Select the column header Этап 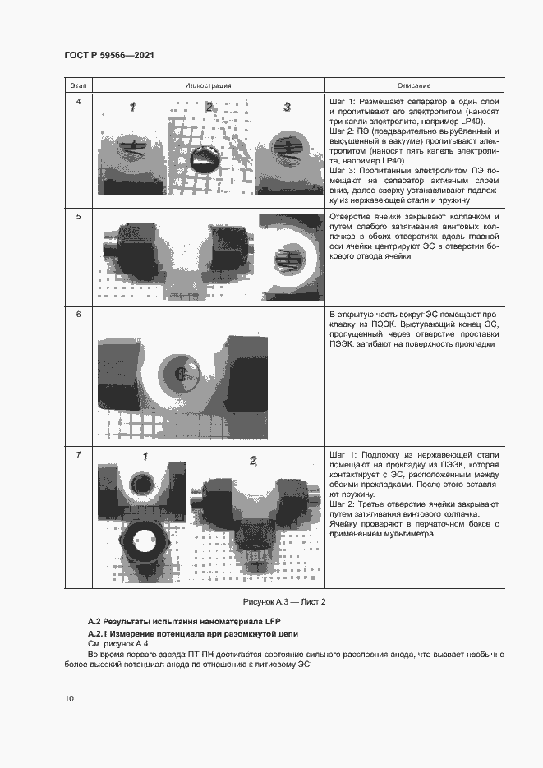(x=78, y=85)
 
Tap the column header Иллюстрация (x=208, y=85)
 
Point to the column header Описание (x=414, y=85)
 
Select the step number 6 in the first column (x=78, y=315)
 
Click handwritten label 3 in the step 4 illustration (x=287, y=107)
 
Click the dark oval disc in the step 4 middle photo (x=203, y=159)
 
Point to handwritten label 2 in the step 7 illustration (x=253, y=460)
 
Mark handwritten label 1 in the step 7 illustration (x=145, y=457)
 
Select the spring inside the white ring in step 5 (x=288, y=261)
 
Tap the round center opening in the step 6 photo (x=183, y=375)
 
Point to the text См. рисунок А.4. (x=114, y=644)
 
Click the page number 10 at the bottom (x=69, y=698)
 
